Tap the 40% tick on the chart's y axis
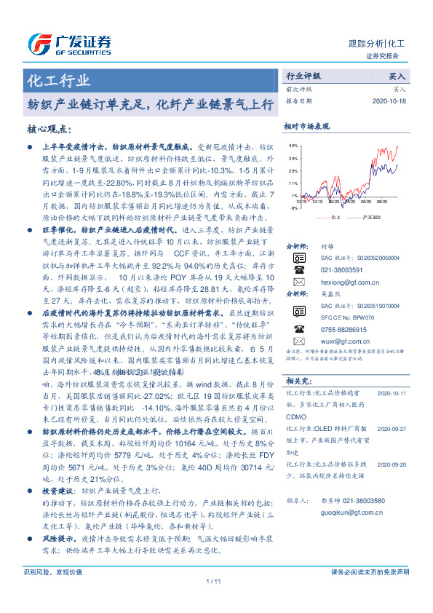click(x=292, y=145)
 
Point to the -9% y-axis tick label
click(x=293, y=207)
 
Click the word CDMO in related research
click(x=295, y=417)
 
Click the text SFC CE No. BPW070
click(x=346, y=317)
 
